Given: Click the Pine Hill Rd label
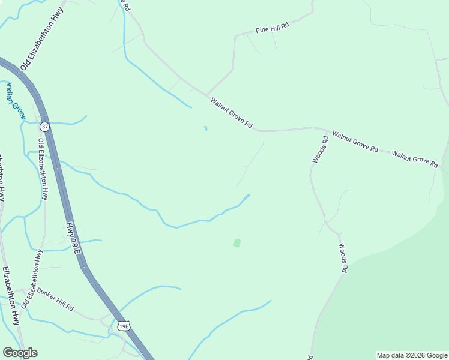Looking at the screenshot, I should pyautogui.click(x=272, y=28).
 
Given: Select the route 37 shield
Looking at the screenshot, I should pyautogui.click(x=45, y=127).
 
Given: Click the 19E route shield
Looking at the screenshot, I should pyautogui.click(x=124, y=326).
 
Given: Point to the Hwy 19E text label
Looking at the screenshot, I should pyautogui.click(x=73, y=238).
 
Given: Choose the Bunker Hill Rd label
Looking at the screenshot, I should pyautogui.click(x=55, y=299).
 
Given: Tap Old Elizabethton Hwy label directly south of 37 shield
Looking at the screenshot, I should pyautogui.click(x=43, y=169).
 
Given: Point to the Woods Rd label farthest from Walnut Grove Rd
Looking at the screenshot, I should pyautogui.click(x=343, y=258).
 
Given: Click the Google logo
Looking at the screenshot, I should pyautogui.click(x=20, y=353).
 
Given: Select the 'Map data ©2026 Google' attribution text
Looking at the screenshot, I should pyautogui.click(x=412, y=355).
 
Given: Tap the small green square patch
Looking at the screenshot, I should pyautogui.click(x=237, y=243).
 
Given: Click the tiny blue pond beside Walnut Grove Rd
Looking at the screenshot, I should pyautogui.click(x=205, y=128).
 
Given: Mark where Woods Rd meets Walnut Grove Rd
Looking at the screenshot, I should pyautogui.click(x=327, y=130).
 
